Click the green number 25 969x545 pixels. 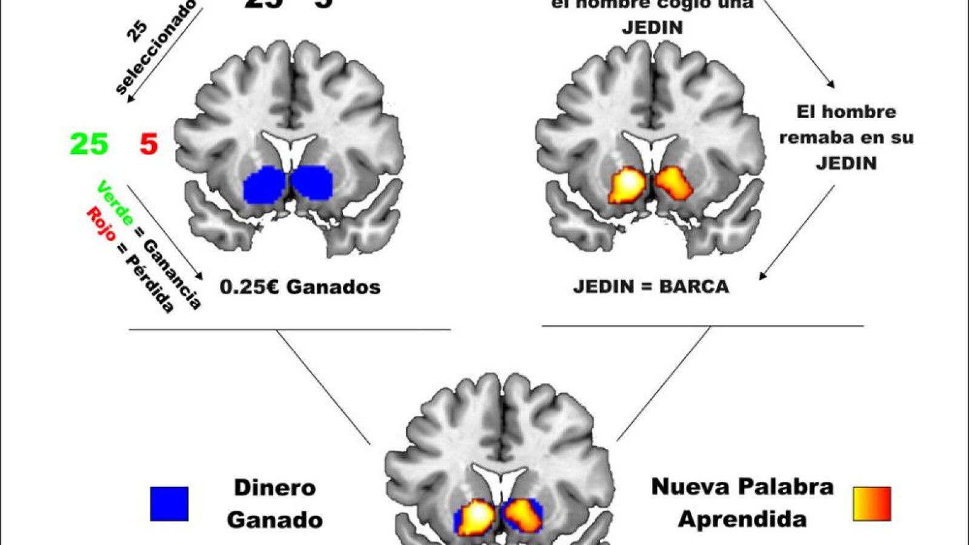(89, 145)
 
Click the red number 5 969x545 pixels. (148, 145)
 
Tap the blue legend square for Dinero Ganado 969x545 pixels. (169, 504)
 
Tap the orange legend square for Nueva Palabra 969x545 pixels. (871, 504)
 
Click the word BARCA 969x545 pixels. (694, 286)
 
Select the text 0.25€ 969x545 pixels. (250, 286)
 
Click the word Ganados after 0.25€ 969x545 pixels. (333, 286)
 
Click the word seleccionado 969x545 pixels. (156, 48)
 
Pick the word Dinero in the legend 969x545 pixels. (275, 487)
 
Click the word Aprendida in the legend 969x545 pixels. (742, 519)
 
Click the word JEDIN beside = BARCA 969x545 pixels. (603, 286)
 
